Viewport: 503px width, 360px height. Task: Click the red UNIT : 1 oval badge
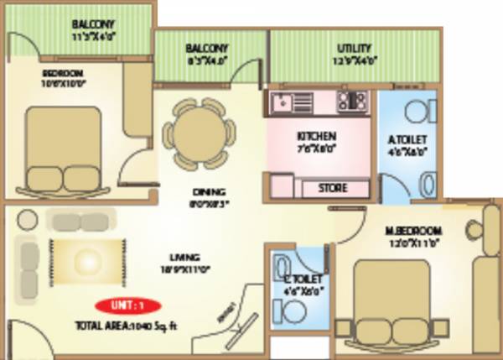coord(123,305)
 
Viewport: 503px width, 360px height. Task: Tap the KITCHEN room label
coord(317,136)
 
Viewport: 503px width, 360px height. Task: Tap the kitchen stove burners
coord(353,101)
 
